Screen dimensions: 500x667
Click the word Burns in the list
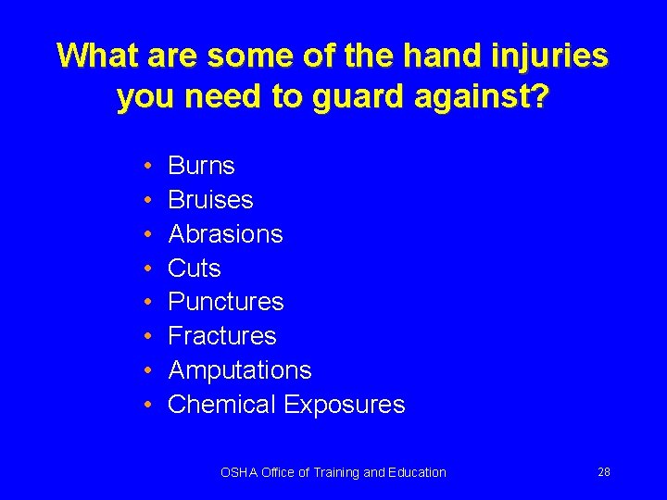(201, 166)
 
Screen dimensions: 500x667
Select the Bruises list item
(210, 200)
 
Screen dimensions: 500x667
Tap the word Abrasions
(225, 234)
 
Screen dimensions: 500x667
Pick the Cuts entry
(195, 269)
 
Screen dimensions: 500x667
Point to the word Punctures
(226, 302)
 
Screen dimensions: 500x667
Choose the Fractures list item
(222, 336)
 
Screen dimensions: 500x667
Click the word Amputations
(240, 370)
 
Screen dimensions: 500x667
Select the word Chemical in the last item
(222, 405)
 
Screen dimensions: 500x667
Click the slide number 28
(604, 472)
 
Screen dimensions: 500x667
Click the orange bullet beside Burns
(149, 167)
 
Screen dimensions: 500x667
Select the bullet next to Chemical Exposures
(149, 406)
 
